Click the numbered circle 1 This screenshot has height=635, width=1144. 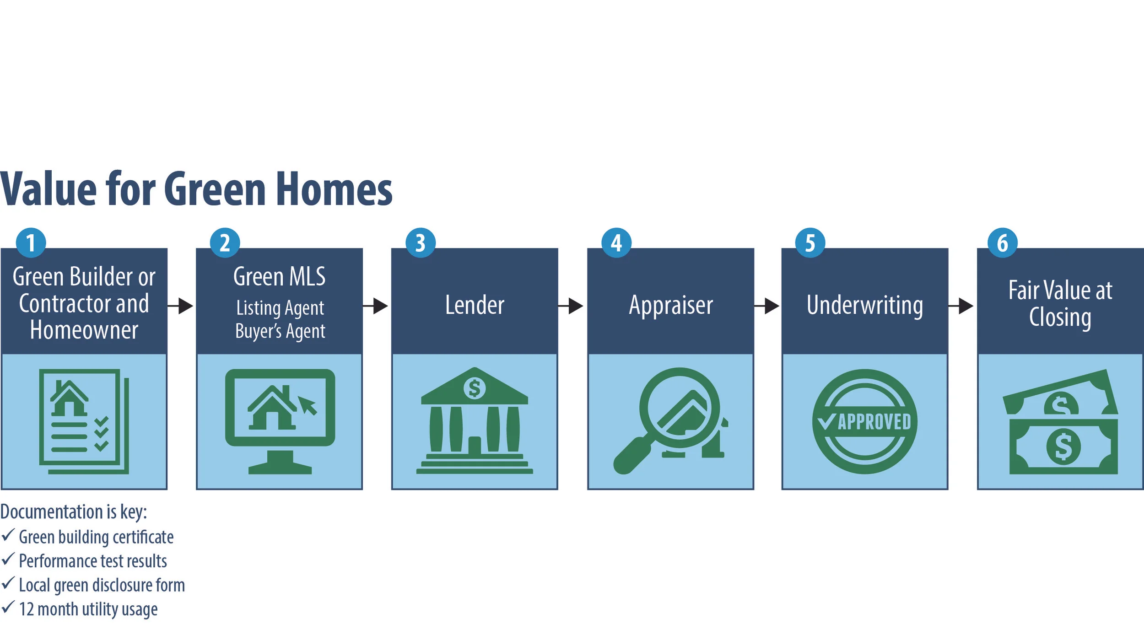click(31, 242)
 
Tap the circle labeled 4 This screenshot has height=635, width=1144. click(616, 242)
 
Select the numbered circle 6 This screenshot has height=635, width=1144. click(1002, 242)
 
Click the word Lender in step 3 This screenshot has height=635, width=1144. click(475, 305)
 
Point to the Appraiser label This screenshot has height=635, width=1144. click(671, 305)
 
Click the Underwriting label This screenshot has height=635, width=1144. click(864, 305)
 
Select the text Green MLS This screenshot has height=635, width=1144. click(279, 276)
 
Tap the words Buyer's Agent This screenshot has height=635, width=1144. click(280, 331)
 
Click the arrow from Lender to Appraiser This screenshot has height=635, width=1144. click(571, 306)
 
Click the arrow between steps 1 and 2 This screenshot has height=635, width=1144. click(181, 306)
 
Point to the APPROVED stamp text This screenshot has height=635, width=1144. click(874, 422)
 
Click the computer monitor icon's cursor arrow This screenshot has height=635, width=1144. click(308, 405)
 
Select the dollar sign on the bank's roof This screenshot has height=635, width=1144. click(475, 388)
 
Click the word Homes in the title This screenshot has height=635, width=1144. click(334, 189)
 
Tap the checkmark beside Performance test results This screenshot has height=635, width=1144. click(8, 559)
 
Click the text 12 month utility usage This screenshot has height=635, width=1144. click(88, 609)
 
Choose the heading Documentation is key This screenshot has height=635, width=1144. click(73, 511)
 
